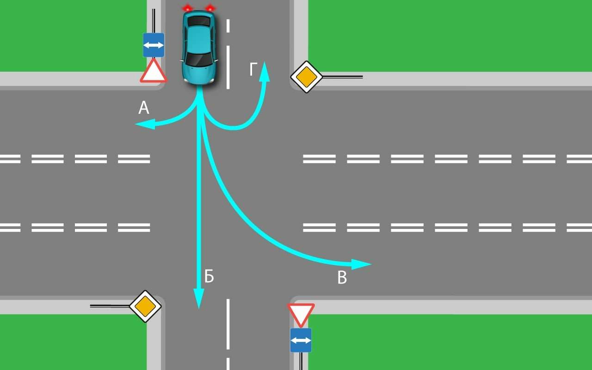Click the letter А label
pos(144,108)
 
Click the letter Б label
pos(209,277)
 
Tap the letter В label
pos(342,278)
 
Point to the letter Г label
pos(253,69)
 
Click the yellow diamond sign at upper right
pos(306,77)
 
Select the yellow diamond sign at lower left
pos(145,306)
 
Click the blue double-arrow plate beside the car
pos(154,45)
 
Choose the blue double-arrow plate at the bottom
pos(301,340)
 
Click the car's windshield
pos(199,59)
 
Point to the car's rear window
pos(199,21)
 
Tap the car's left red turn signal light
pos(210,8)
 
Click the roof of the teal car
pos(199,39)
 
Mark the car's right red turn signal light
pos(187,8)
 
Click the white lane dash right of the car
pos(228,67)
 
